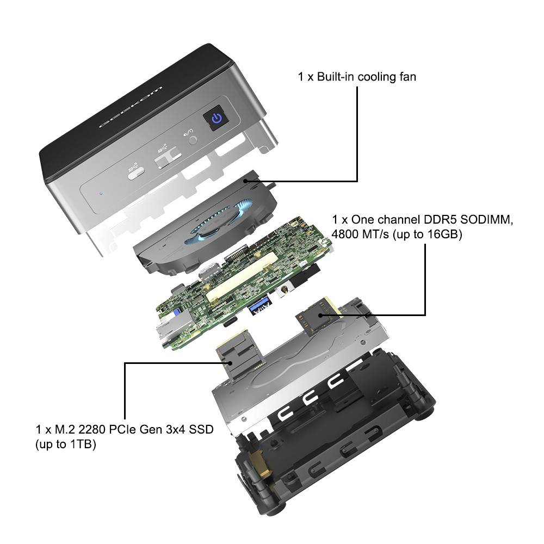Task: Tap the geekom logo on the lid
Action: [x=131, y=106]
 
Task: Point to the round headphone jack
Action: [x=191, y=140]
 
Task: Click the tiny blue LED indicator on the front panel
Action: [x=100, y=191]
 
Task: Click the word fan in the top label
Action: [x=406, y=77]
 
